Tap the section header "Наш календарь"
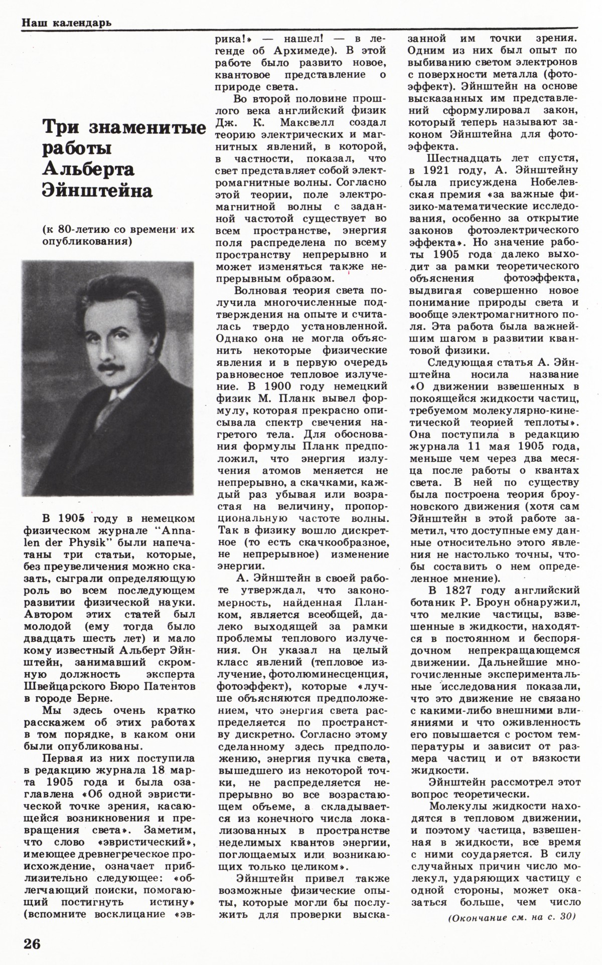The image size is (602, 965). [66, 23]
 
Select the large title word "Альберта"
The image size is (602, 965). [88, 170]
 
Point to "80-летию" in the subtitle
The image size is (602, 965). [81, 230]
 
